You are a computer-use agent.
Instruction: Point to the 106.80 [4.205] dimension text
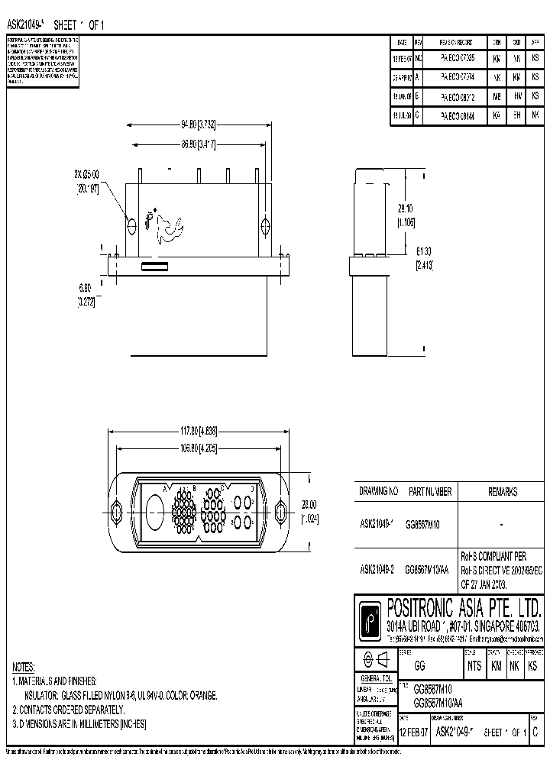pyautogui.click(x=201, y=449)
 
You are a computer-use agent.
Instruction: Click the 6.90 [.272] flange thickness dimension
pyautogui.click(x=86, y=294)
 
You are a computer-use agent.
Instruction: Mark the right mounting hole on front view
pyautogui.click(x=265, y=226)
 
